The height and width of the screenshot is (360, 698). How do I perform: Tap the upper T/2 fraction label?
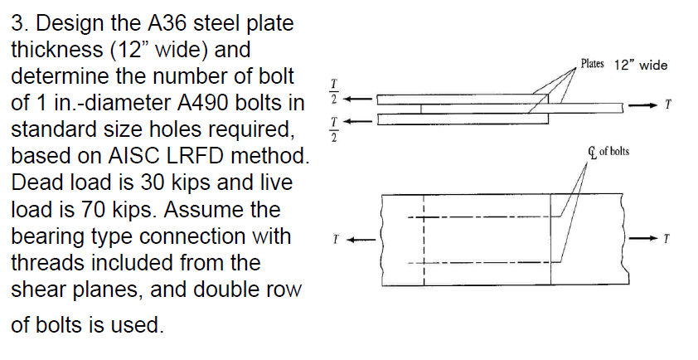(333, 94)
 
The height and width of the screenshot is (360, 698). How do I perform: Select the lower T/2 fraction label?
(333, 128)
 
